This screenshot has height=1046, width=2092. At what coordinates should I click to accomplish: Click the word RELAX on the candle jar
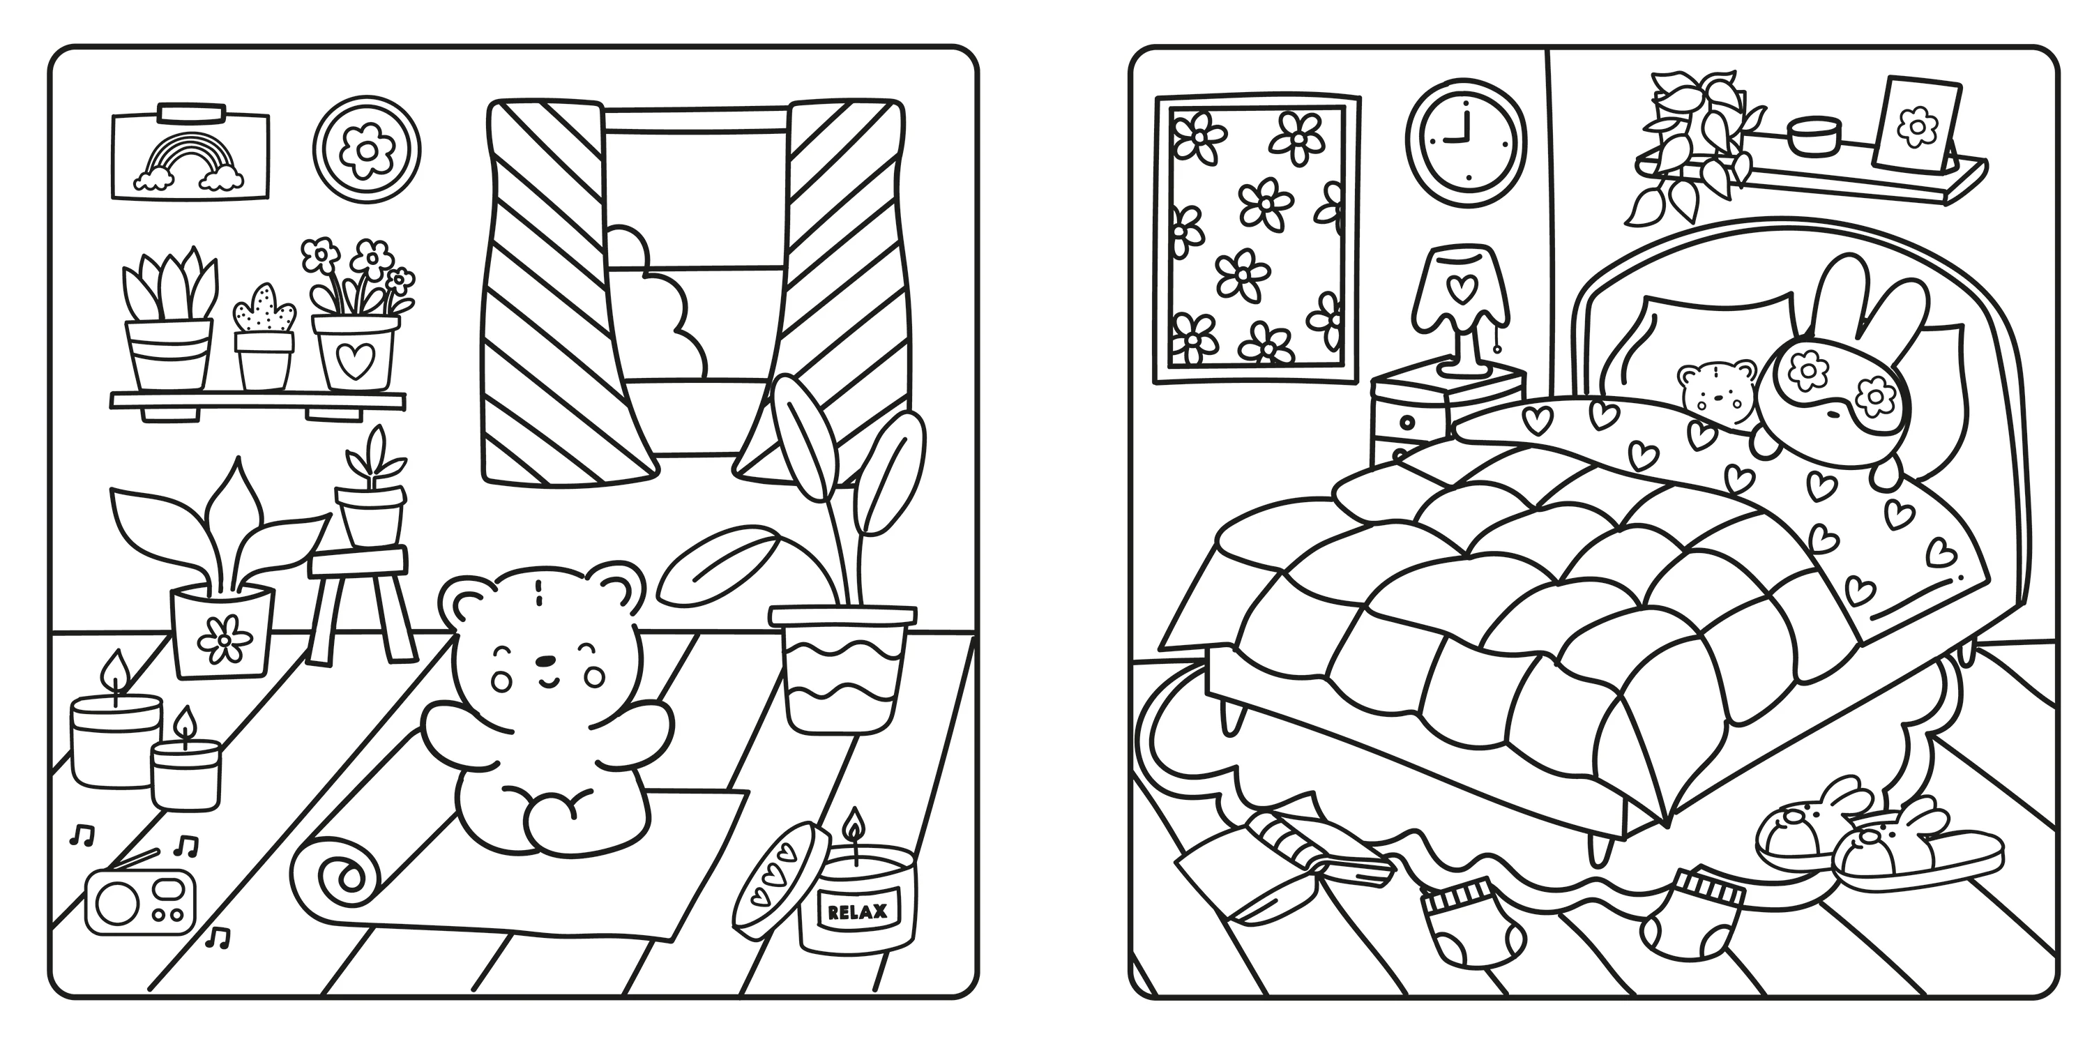click(857, 913)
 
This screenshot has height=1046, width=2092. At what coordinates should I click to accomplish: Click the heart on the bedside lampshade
click(1462, 287)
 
